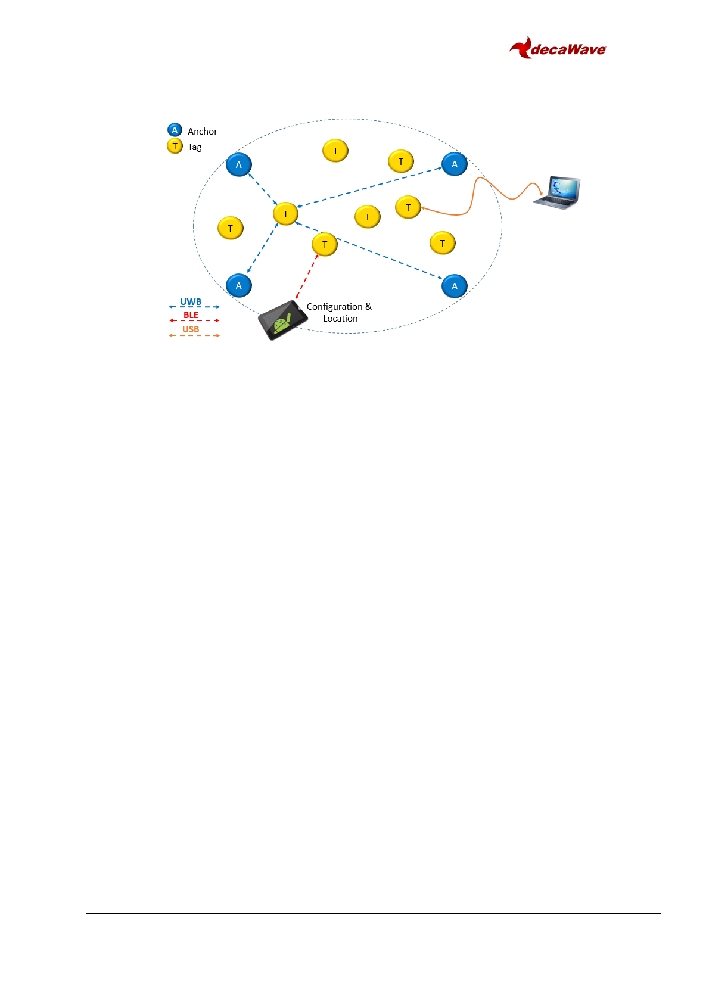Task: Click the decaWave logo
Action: pos(558,48)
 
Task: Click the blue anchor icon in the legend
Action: pos(175,130)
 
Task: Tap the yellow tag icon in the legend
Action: pos(175,146)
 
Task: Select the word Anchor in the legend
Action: pos(203,132)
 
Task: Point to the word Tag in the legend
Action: pos(195,147)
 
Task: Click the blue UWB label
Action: pos(191,302)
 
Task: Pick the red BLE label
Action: pos(191,315)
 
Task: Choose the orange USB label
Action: pos(191,329)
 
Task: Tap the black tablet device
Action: pos(282,320)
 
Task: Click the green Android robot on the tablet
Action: pos(282,323)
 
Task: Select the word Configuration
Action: pos(334,307)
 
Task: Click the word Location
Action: pos(340,319)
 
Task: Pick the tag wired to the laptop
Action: pos(408,207)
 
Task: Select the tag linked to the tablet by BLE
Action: pos(325,244)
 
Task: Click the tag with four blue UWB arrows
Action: pos(285,214)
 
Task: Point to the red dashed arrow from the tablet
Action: pos(307,276)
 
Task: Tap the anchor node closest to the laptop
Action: pos(455,164)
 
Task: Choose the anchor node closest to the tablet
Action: pos(239,285)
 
